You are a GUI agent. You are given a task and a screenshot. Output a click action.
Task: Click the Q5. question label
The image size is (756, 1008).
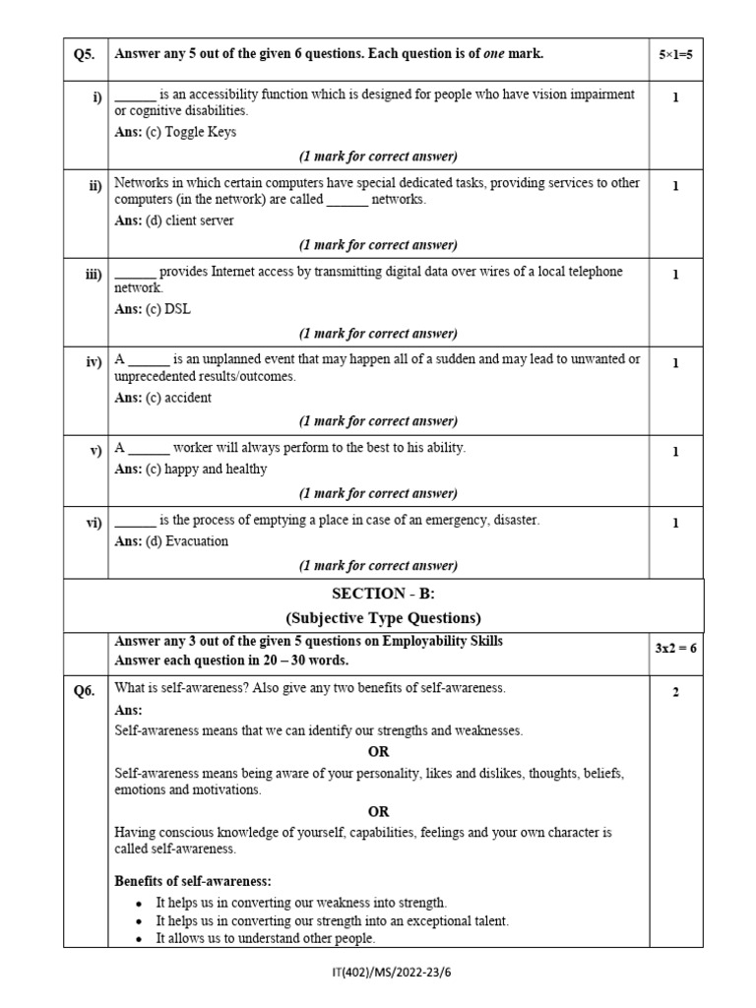click(85, 54)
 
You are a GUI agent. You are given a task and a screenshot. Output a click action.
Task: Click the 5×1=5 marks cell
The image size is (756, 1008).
click(675, 54)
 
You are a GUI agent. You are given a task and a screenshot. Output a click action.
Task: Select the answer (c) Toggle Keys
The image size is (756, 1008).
click(175, 132)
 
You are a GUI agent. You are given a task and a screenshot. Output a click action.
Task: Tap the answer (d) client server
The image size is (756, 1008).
click(174, 220)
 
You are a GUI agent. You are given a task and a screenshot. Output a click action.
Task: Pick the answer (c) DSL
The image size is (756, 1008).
click(153, 309)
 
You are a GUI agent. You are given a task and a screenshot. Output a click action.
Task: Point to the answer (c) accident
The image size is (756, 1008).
click(162, 398)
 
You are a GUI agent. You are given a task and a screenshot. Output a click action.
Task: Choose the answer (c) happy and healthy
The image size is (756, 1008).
click(191, 469)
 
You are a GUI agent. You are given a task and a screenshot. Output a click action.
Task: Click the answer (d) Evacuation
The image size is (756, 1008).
click(171, 540)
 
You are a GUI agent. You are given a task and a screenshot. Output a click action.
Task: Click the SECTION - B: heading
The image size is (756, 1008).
click(383, 593)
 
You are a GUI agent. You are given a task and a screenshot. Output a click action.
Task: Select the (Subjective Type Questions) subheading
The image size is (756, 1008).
click(383, 618)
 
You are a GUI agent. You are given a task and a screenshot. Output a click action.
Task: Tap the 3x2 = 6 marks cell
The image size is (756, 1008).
click(675, 649)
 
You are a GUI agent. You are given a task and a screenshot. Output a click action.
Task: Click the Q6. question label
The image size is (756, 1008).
click(85, 691)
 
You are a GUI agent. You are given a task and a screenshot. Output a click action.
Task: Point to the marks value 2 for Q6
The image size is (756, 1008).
click(675, 692)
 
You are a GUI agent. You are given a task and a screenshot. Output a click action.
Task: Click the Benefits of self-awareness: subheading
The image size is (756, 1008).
click(193, 880)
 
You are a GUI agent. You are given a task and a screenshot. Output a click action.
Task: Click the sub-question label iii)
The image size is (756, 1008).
click(94, 275)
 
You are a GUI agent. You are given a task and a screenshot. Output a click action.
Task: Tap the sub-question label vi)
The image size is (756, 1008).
click(94, 523)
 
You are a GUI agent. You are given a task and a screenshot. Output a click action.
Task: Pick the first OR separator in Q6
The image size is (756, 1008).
click(378, 752)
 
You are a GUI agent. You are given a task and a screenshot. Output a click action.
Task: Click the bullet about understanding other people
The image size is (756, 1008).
click(265, 939)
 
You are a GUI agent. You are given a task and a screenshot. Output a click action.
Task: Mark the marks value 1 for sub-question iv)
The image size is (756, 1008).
click(675, 363)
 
